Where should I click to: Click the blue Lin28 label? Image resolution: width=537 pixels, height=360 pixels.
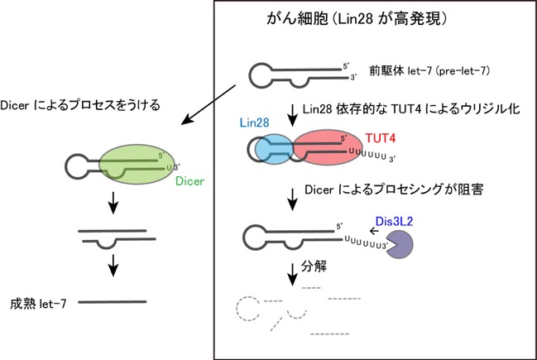click(x=254, y=122)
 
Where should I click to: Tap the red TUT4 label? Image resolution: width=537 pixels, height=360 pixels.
click(x=380, y=138)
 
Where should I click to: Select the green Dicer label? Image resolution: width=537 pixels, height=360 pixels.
click(x=189, y=181)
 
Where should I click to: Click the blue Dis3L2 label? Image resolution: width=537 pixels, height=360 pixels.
click(x=394, y=221)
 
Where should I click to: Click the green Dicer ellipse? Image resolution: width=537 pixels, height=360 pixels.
click(x=137, y=164)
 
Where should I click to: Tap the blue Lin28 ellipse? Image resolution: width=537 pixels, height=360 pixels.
click(x=275, y=149)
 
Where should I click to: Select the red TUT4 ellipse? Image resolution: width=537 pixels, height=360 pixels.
click(x=328, y=147)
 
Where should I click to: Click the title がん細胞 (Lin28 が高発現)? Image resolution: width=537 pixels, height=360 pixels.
click(x=357, y=18)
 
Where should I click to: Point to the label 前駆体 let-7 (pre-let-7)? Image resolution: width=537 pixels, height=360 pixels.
click(x=429, y=71)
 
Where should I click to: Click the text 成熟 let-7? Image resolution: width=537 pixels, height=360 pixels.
click(x=38, y=304)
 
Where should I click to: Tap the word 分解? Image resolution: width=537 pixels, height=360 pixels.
click(x=314, y=266)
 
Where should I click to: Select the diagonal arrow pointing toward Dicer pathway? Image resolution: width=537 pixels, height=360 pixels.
click(x=209, y=105)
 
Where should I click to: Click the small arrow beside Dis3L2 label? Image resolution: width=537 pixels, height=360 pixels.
click(x=374, y=231)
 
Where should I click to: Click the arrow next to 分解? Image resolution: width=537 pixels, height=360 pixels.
click(x=292, y=275)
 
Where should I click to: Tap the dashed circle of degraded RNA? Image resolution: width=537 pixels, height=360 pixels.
click(x=248, y=309)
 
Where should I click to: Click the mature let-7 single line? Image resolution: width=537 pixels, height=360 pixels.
click(x=113, y=302)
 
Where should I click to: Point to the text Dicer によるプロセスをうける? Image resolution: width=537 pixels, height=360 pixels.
click(x=80, y=105)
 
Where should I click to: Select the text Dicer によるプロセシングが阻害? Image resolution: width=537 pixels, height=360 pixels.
click(x=394, y=190)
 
